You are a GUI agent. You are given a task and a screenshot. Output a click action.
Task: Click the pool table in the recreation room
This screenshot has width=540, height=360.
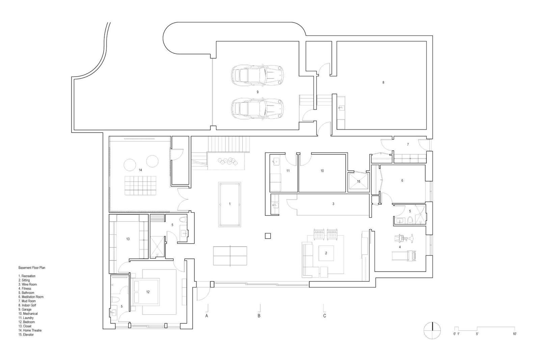coord(230,204)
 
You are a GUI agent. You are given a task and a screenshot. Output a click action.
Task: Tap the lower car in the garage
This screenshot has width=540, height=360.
coord(257,109)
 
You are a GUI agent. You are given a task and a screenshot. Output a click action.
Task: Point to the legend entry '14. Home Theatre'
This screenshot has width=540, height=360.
coord(30,330)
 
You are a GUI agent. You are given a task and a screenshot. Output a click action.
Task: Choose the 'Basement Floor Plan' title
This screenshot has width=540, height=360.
coord(32,268)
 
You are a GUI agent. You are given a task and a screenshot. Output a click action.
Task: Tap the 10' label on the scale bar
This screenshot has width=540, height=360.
coord(514,334)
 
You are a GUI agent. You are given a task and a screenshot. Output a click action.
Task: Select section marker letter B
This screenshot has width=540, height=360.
coord(259,316)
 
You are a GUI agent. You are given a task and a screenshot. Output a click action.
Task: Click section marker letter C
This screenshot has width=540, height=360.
coord(325,316)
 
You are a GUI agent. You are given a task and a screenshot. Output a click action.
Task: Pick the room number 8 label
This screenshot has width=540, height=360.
coord(383,82)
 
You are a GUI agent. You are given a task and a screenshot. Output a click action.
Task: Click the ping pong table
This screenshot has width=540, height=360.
coord(230,256)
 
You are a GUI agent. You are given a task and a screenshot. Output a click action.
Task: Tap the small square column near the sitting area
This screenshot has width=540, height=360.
coord(268,236)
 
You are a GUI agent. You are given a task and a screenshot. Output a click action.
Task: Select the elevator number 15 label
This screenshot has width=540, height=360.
coord(359,181)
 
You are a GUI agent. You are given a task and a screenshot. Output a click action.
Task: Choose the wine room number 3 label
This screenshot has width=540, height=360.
coord(333,204)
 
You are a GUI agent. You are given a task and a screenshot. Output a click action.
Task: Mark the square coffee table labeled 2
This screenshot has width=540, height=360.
coord(326,253)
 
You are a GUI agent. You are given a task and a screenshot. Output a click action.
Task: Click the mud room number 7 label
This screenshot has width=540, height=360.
coord(408,144)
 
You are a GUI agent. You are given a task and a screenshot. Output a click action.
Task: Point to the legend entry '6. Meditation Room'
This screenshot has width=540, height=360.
coord(31,297)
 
